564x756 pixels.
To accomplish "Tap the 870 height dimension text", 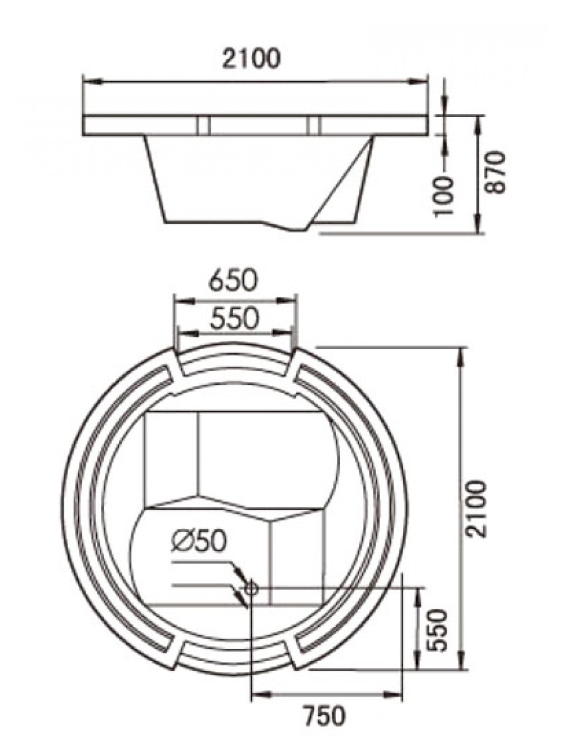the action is (x=496, y=172).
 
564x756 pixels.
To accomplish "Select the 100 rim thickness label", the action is (x=444, y=195).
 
